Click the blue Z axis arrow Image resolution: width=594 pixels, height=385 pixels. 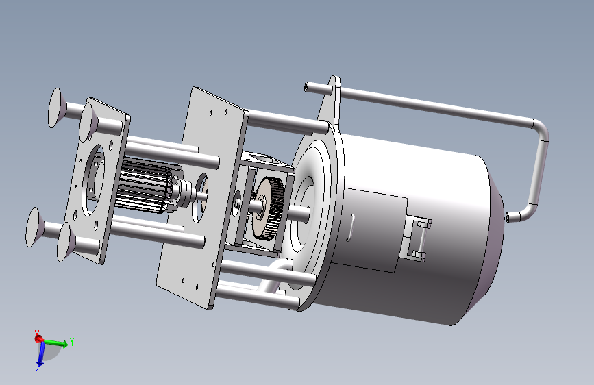tap(40, 355)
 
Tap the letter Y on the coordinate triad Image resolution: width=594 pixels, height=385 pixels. tap(72, 342)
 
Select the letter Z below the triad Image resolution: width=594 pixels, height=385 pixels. tap(38, 369)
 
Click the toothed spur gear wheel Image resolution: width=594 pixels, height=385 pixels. tap(267, 208)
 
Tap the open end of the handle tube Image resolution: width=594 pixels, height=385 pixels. tap(306, 87)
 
